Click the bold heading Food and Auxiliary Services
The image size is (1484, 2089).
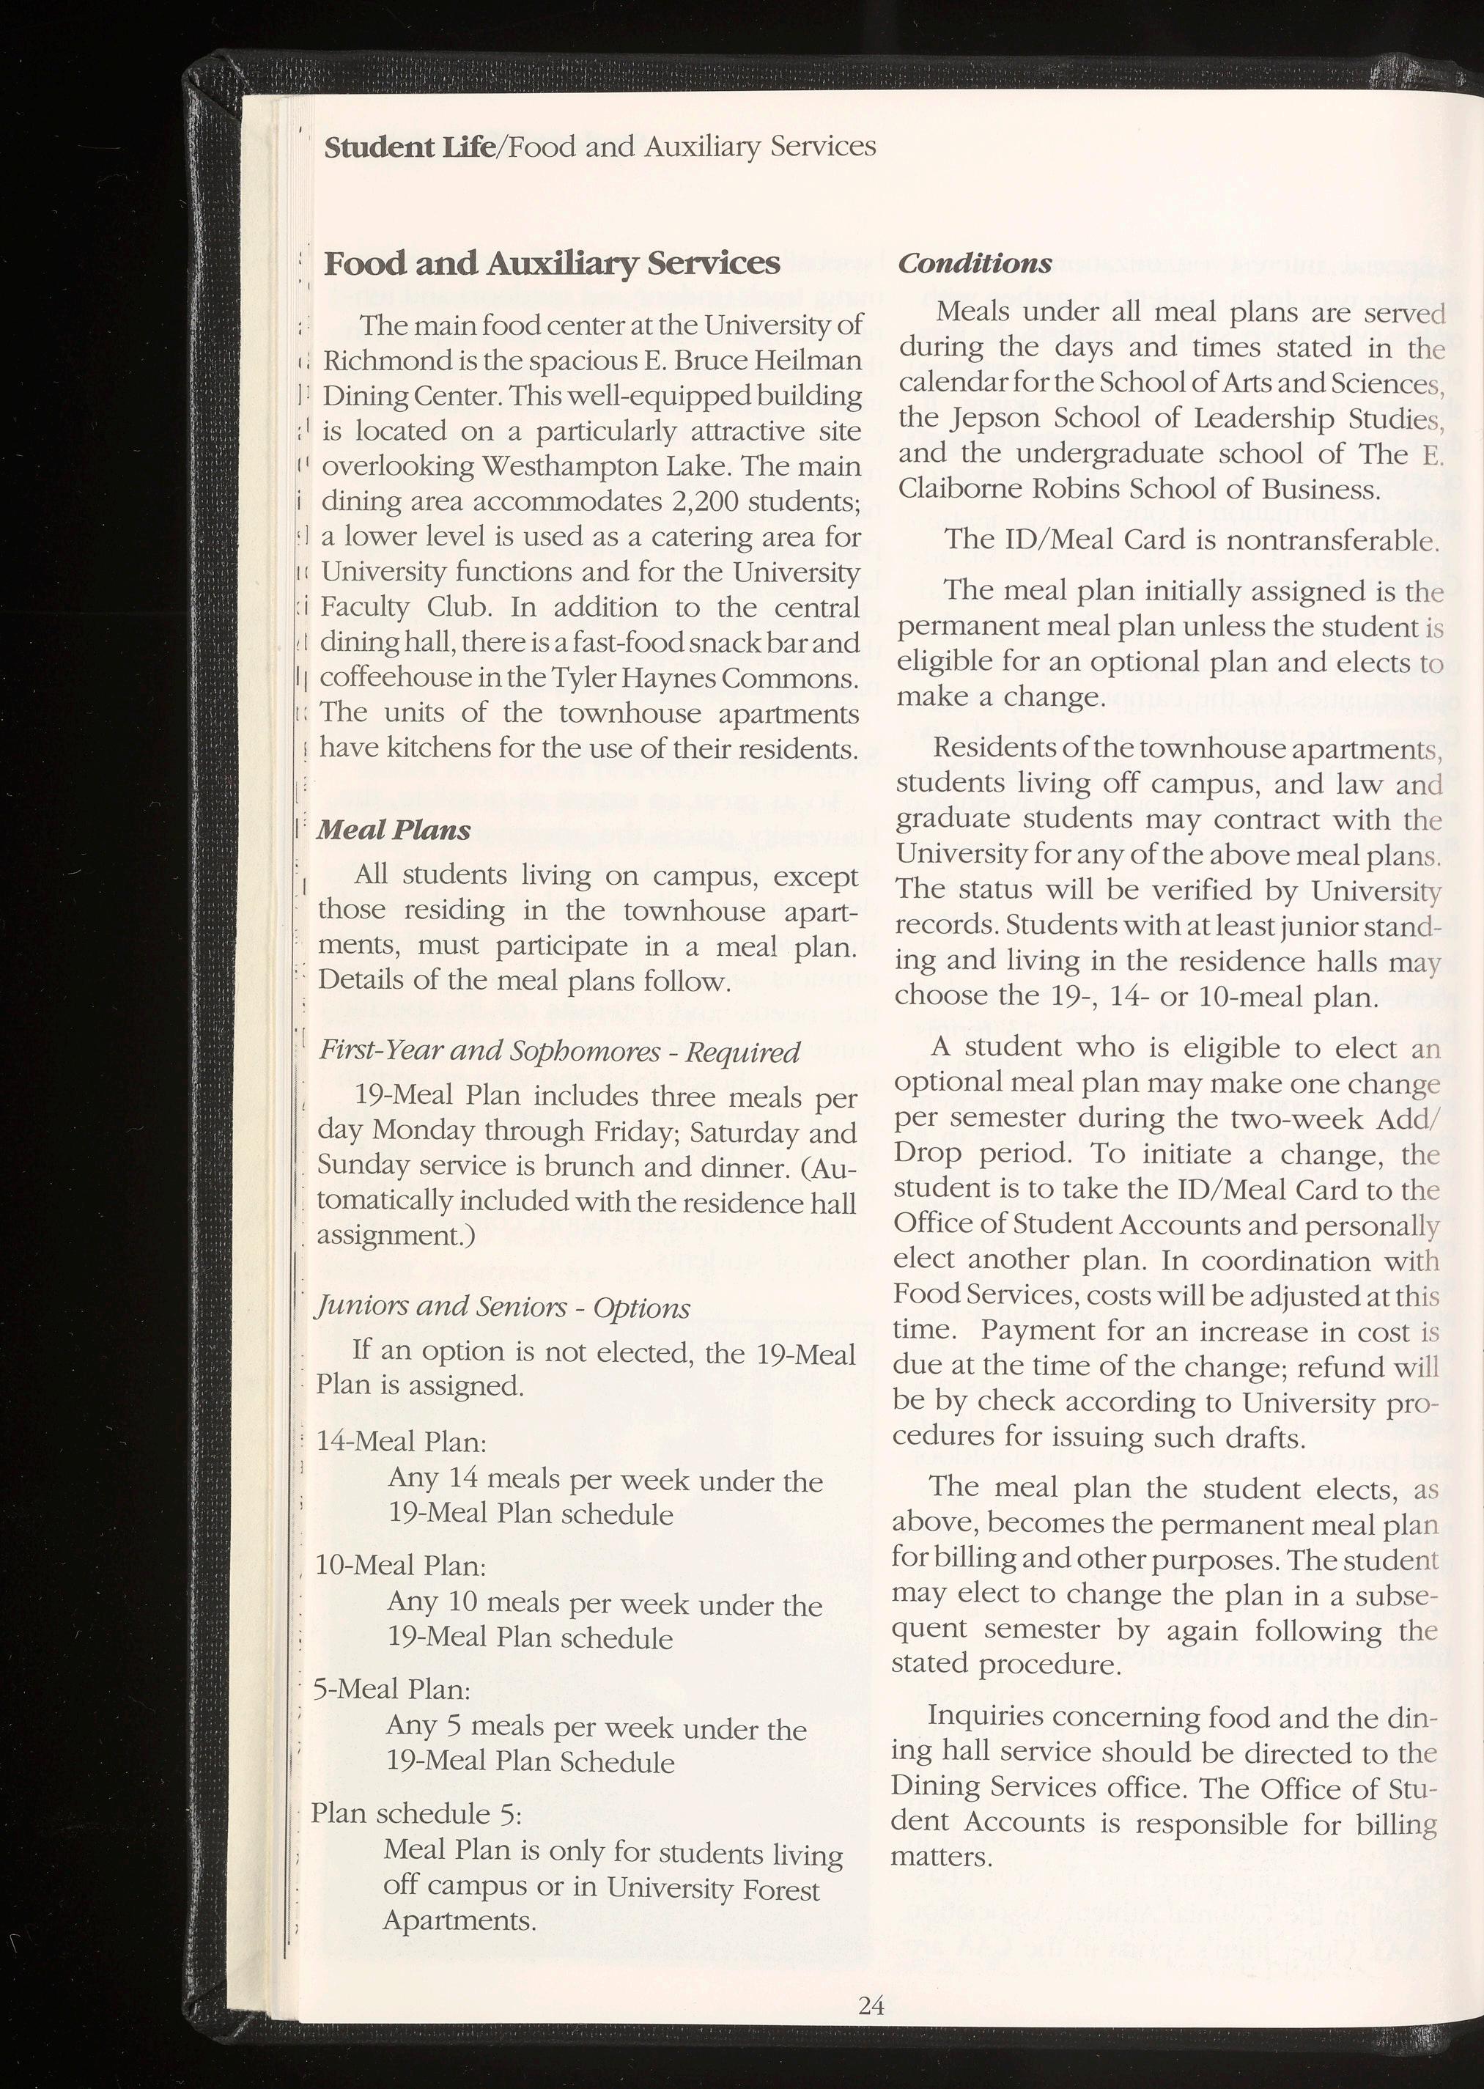[x=552, y=264]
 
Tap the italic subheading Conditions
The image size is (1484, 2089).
[x=974, y=264]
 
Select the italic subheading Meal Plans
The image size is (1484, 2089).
[x=394, y=830]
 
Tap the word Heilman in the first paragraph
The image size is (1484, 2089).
[x=810, y=361]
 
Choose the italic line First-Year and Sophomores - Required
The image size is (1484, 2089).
[x=559, y=1052]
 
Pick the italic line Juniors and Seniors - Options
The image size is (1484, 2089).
[x=503, y=1308]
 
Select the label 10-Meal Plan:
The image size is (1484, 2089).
[x=400, y=1566]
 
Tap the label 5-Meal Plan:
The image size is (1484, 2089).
[x=392, y=1689]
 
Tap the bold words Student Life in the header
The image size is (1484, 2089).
[x=407, y=147]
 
